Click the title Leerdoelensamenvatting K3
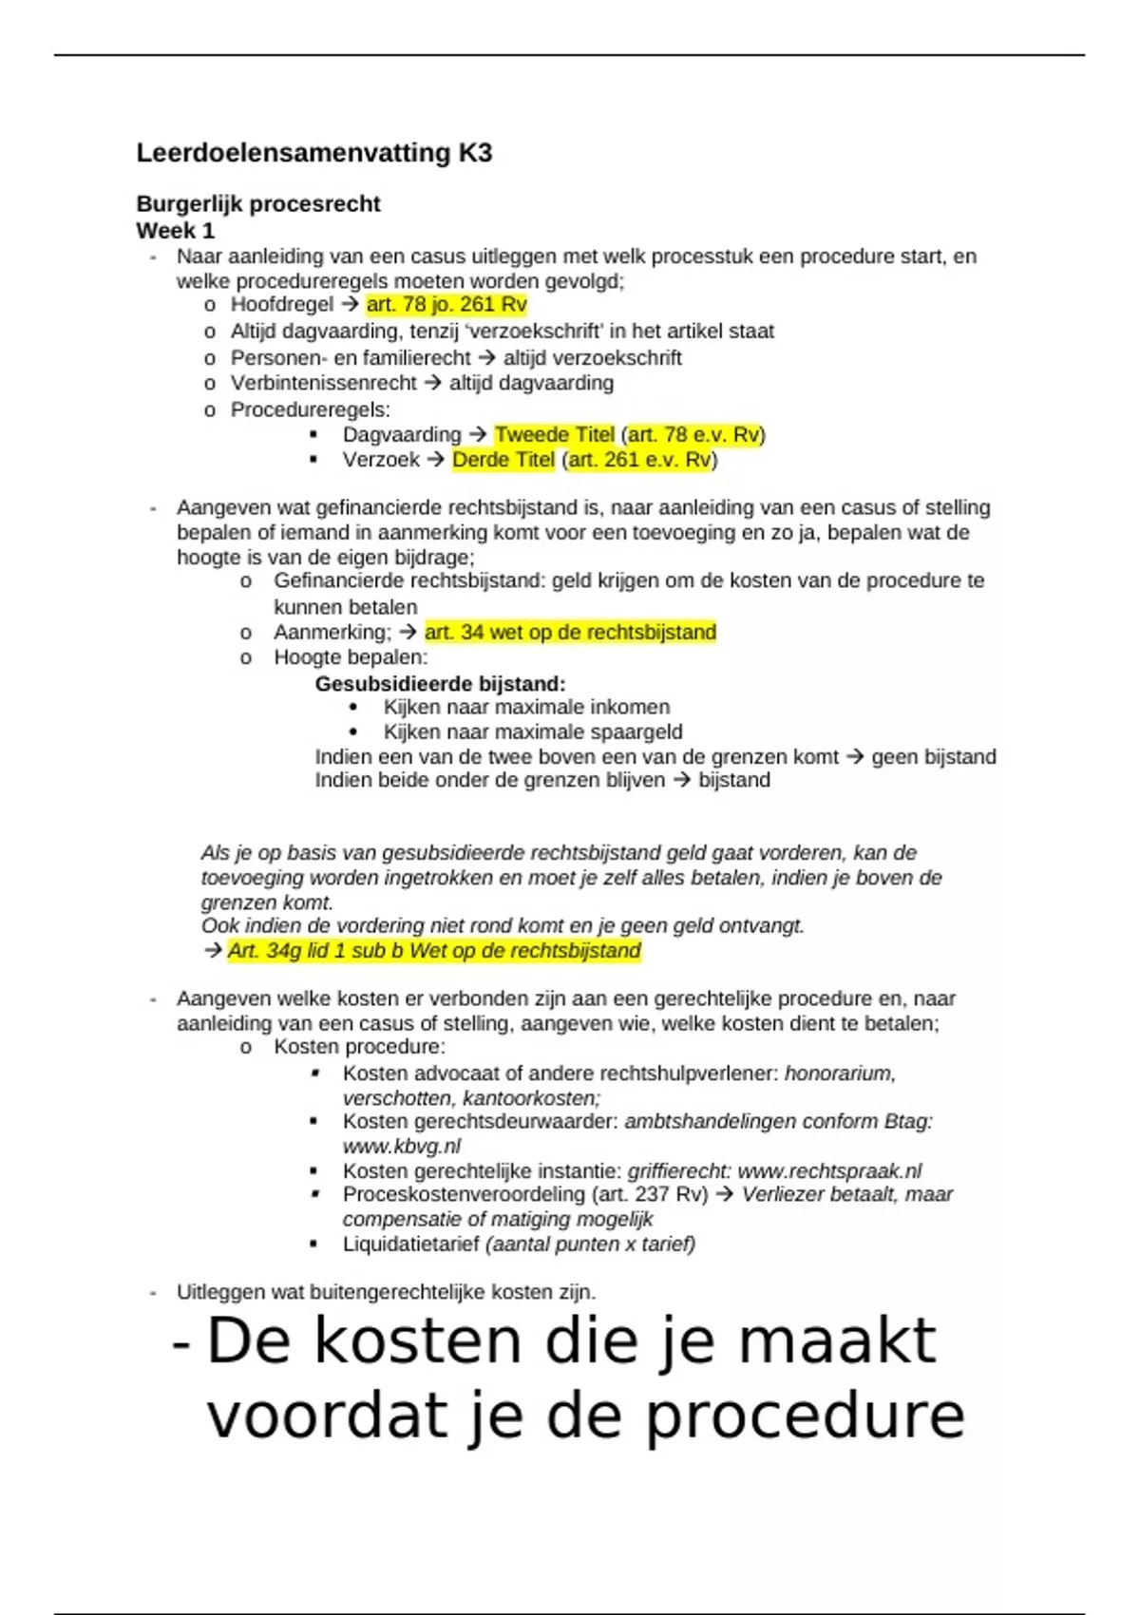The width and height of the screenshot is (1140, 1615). pos(313,153)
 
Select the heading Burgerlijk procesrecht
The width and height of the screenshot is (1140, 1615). pos(257,204)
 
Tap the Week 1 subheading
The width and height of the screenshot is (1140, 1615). pos(175,231)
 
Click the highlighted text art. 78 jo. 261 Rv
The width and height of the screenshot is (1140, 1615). pos(446,305)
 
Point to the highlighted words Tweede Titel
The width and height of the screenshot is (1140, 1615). pos(554,435)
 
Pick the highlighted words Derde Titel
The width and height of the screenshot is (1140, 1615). pos(503,460)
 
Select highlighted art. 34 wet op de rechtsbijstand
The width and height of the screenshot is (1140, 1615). pos(570,633)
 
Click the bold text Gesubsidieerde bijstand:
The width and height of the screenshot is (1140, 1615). pos(440,684)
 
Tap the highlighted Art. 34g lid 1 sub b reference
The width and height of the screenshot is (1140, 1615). pos(434,951)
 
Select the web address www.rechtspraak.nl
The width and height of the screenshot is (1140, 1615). pos(829,1171)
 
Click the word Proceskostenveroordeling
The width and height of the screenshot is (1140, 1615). pos(464,1195)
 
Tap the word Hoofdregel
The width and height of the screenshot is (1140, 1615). pos(282,305)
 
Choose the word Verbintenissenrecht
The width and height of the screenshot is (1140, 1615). pos(323,383)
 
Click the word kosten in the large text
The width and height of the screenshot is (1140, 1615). pos(417,1340)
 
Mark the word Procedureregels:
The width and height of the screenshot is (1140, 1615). pos(310,409)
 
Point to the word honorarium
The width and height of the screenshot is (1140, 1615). pos(840,1073)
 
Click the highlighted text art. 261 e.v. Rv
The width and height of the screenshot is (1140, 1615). pos(639,460)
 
